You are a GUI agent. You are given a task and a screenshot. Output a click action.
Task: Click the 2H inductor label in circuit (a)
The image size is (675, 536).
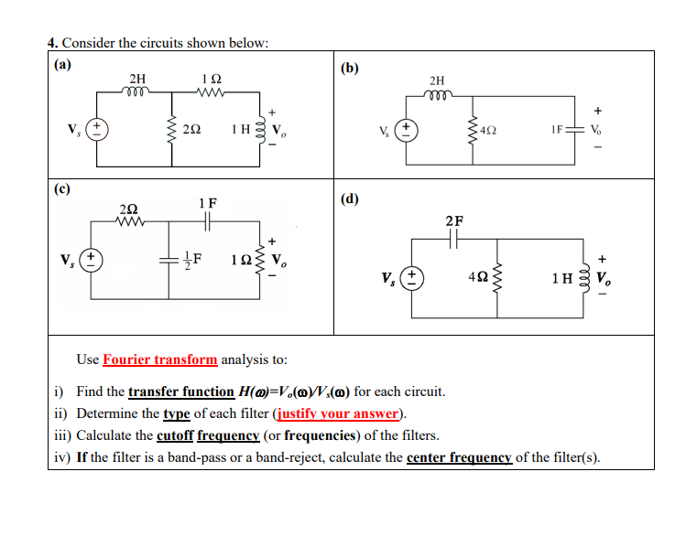click(136, 79)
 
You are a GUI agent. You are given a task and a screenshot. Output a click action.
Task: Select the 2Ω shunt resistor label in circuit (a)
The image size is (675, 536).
click(192, 128)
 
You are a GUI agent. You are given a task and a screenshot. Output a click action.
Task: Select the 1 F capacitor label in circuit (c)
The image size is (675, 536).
click(207, 202)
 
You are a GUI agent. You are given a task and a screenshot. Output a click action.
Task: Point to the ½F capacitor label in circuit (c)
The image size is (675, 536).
click(191, 258)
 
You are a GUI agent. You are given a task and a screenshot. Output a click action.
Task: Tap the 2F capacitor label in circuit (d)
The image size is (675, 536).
click(454, 220)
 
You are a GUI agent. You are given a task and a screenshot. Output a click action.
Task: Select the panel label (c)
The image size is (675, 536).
click(61, 189)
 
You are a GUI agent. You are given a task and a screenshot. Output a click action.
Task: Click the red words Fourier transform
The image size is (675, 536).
click(160, 359)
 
